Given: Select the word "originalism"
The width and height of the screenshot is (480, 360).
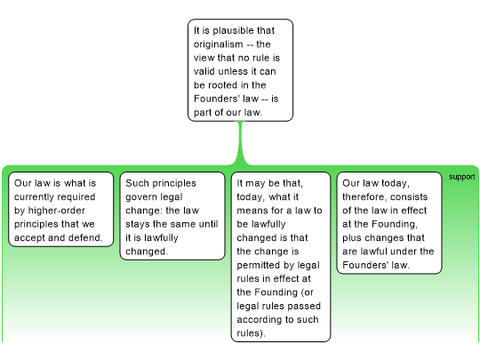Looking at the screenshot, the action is coord(219,44).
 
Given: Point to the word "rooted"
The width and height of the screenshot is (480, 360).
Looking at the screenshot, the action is coord(222,85).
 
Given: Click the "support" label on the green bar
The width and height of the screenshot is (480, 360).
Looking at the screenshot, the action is coord(462,177).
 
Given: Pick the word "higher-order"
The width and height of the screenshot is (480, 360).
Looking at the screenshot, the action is coord(57,211).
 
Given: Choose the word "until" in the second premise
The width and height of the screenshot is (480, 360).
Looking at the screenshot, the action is coord(208,224).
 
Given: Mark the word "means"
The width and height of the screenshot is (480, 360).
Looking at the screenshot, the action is coord(250,211).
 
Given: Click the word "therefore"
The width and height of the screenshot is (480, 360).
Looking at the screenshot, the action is coord(364,197).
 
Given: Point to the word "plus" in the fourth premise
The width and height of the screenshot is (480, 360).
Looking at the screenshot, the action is coord(352,238).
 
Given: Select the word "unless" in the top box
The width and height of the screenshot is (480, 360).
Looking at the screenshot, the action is coord(234,71).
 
